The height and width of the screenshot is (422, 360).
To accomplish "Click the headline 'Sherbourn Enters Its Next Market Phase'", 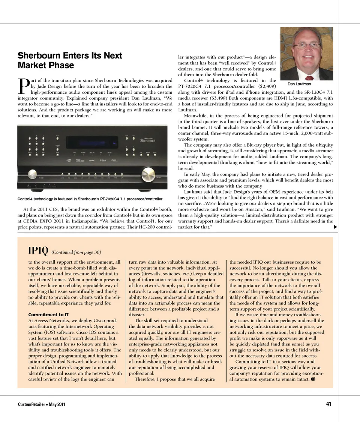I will point(70,60).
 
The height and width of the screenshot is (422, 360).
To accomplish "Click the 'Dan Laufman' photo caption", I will point(299,84).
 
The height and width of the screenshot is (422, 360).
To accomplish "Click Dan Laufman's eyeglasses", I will point(307,45).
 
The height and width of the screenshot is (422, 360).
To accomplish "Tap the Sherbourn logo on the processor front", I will point(148,141).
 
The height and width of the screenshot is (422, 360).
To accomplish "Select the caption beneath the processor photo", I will point(90,199).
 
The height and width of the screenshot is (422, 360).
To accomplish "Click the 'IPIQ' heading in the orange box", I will point(38,251).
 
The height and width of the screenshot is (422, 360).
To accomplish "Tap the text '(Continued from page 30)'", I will point(76,252).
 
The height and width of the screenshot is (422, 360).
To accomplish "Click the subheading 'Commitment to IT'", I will point(48,314).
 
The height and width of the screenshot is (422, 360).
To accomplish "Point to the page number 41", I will point(328,404).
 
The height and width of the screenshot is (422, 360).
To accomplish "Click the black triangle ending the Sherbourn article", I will point(335,227).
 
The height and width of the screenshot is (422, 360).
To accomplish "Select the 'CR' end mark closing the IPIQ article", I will point(313,379).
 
